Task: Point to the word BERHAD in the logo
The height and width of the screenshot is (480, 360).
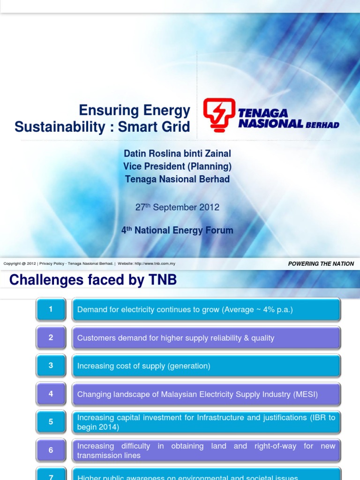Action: pyautogui.click(x=322, y=125)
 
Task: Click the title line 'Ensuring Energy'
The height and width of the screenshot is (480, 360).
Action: pyautogui.click(x=135, y=111)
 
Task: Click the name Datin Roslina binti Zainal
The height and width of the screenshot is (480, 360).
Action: pyautogui.click(x=177, y=154)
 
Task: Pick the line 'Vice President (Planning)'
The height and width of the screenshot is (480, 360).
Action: pyautogui.click(x=177, y=166)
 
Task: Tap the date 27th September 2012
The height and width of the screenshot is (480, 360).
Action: pyautogui.click(x=177, y=207)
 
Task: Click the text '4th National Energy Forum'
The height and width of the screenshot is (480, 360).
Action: pyautogui.click(x=177, y=231)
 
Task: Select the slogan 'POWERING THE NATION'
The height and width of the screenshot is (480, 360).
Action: pyautogui.click(x=321, y=264)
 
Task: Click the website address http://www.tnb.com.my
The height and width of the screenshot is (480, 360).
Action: pyautogui.click(x=155, y=264)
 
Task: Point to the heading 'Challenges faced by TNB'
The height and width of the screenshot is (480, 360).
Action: pyautogui.click(x=93, y=280)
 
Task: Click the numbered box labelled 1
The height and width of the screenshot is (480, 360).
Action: pyautogui.click(x=51, y=309)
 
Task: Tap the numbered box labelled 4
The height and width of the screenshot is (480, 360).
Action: pyautogui.click(x=51, y=394)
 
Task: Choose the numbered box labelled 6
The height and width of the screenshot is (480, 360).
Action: pyautogui.click(x=51, y=450)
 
